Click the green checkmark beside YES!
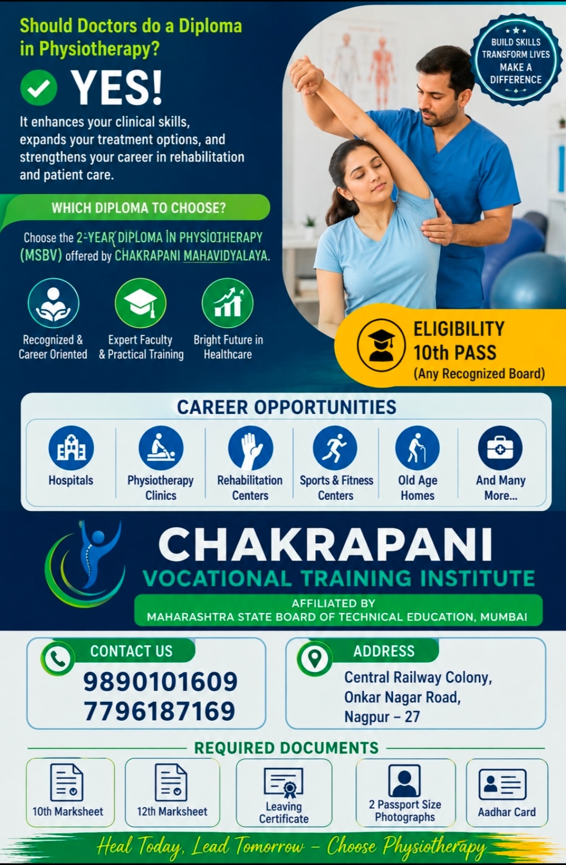(x=39, y=87)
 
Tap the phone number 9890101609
(x=160, y=682)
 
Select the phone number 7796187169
(x=160, y=711)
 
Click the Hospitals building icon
(x=71, y=448)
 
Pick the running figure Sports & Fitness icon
(x=335, y=448)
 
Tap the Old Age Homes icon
(x=418, y=448)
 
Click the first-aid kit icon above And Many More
(x=500, y=448)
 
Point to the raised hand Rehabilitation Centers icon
(x=251, y=448)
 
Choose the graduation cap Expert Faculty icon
(x=140, y=303)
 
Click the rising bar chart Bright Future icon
(x=228, y=303)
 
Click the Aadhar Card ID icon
(x=502, y=784)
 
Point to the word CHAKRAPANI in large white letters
(x=325, y=544)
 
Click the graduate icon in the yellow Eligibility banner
(x=381, y=345)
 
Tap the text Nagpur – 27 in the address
(x=382, y=717)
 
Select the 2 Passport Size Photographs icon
(x=404, y=781)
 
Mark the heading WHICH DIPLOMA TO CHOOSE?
(x=139, y=208)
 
